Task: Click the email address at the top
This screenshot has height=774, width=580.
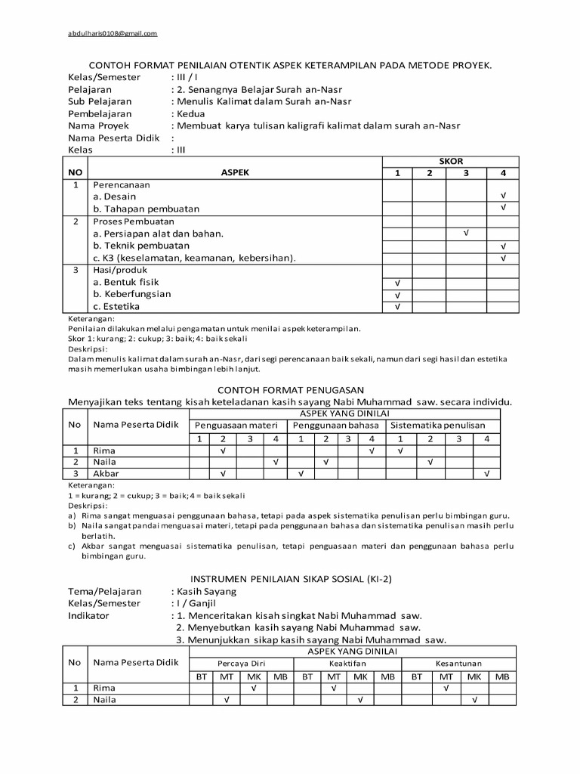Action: (113, 33)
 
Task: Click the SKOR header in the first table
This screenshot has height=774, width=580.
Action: (451, 161)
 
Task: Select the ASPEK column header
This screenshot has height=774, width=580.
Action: (235, 172)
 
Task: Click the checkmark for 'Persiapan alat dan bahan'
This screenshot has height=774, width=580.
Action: (466, 234)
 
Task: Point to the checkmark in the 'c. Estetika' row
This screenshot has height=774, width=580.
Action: (397, 307)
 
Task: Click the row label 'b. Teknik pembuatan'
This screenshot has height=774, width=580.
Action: (141, 246)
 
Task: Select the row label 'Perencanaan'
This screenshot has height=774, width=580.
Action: (122, 184)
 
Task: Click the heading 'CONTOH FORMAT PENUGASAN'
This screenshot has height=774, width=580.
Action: (292, 389)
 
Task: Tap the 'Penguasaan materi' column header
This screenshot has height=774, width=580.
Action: (236, 426)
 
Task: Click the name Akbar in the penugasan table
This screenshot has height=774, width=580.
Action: (106, 474)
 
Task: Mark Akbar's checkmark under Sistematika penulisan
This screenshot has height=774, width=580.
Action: (486, 474)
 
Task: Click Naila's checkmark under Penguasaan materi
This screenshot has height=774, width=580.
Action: (275, 462)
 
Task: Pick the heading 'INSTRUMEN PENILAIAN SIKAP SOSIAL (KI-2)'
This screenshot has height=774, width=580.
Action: (291, 579)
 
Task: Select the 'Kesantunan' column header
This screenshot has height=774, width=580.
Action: (458, 663)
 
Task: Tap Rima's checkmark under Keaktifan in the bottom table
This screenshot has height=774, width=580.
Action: (333, 689)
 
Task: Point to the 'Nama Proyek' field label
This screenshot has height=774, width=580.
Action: (98, 125)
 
